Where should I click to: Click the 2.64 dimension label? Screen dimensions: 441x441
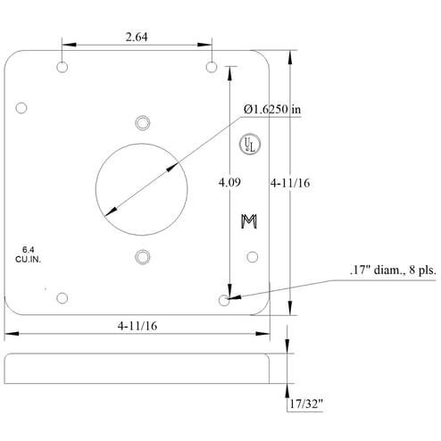click(137, 37)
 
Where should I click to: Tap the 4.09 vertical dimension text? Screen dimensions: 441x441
click(229, 182)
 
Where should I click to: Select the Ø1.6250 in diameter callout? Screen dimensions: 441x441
click(272, 109)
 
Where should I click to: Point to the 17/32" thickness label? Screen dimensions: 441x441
click(306, 404)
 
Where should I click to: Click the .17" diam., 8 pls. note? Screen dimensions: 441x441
click(393, 270)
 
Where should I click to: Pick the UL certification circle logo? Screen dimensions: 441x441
click(250, 144)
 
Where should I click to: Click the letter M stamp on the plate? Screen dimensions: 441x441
click(249, 221)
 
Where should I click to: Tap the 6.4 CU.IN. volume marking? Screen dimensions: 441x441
click(28, 254)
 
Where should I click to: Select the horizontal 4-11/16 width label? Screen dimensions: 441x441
click(137, 326)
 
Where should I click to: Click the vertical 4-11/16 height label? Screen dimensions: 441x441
click(290, 183)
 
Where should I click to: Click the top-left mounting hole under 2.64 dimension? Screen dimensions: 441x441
click(62, 67)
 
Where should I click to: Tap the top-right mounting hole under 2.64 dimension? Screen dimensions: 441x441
click(212, 67)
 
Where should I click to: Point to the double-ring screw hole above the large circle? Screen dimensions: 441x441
click(143, 123)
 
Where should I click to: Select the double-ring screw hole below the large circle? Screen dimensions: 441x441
click(143, 257)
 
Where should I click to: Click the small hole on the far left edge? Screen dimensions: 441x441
click(21, 108)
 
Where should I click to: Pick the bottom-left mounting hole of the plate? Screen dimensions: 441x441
click(62, 298)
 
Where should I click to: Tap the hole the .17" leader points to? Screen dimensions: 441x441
click(224, 300)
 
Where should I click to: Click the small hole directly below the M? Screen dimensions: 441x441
click(253, 257)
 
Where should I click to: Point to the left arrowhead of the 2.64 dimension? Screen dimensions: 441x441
click(69, 45)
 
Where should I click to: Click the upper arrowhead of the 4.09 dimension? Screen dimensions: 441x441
click(229, 73)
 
